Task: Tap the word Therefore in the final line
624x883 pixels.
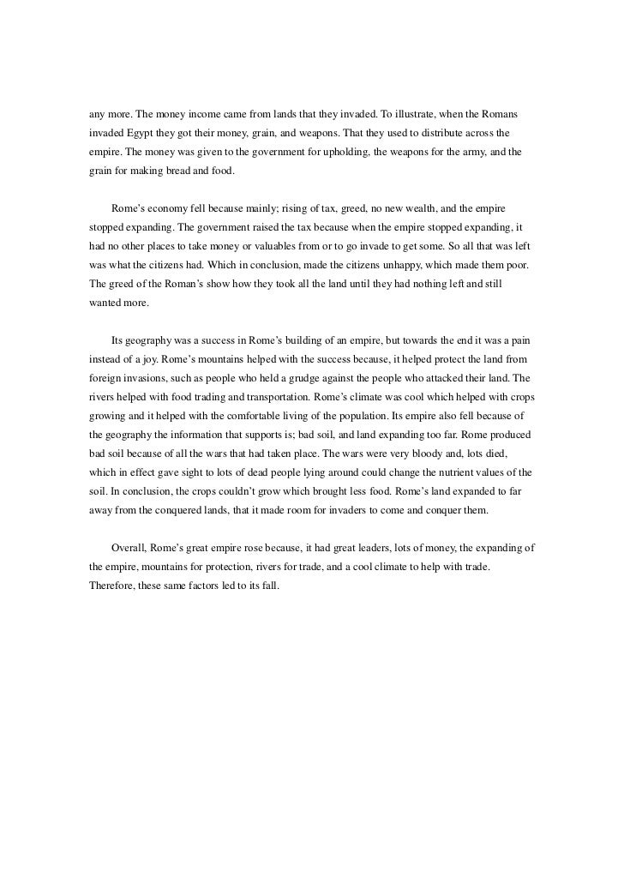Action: point(112,591)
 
